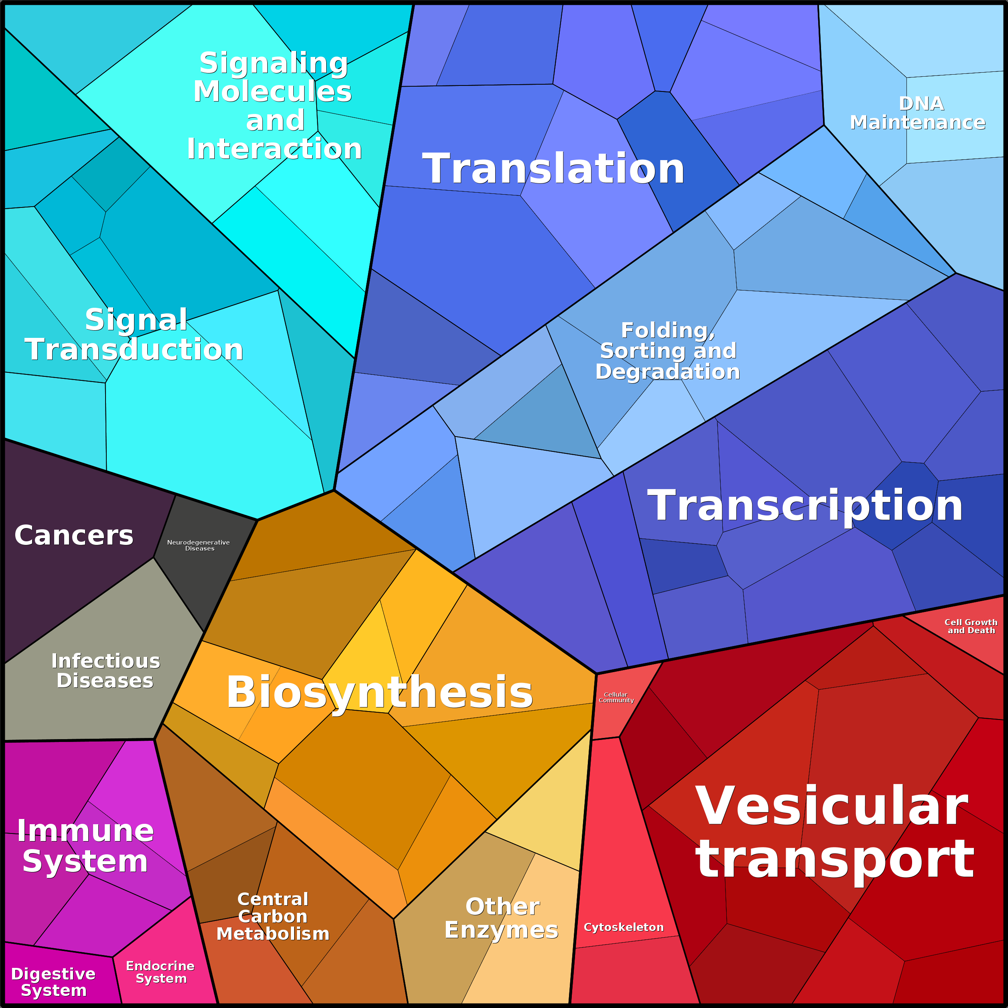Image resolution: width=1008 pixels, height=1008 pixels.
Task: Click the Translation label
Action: (x=553, y=169)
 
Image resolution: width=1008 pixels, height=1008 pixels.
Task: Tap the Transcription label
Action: (x=805, y=506)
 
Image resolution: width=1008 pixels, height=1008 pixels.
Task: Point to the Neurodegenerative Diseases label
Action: (x=198, y=545)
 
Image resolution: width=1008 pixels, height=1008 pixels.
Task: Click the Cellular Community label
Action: (x=616, y=697)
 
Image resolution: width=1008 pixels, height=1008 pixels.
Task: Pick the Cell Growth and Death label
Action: (x=971, y=626)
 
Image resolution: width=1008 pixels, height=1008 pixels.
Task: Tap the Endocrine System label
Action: (x=160, y=972)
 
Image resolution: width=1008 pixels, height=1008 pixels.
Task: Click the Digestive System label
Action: (x=53, y=982)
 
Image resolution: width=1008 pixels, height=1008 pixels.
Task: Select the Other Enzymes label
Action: (x=501, y=918)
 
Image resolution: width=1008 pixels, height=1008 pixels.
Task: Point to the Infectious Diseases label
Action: (x=106, y=671)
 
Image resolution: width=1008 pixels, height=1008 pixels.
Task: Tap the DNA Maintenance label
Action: (x=918, y=113)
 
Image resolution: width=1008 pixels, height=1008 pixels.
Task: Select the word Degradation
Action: (x=668, y=372)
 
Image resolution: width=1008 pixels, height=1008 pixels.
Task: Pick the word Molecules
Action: (x=272, y=91)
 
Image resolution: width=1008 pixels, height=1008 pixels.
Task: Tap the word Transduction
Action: (x=134, y=349)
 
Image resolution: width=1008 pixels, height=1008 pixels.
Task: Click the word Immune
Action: (x=85, y=830)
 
